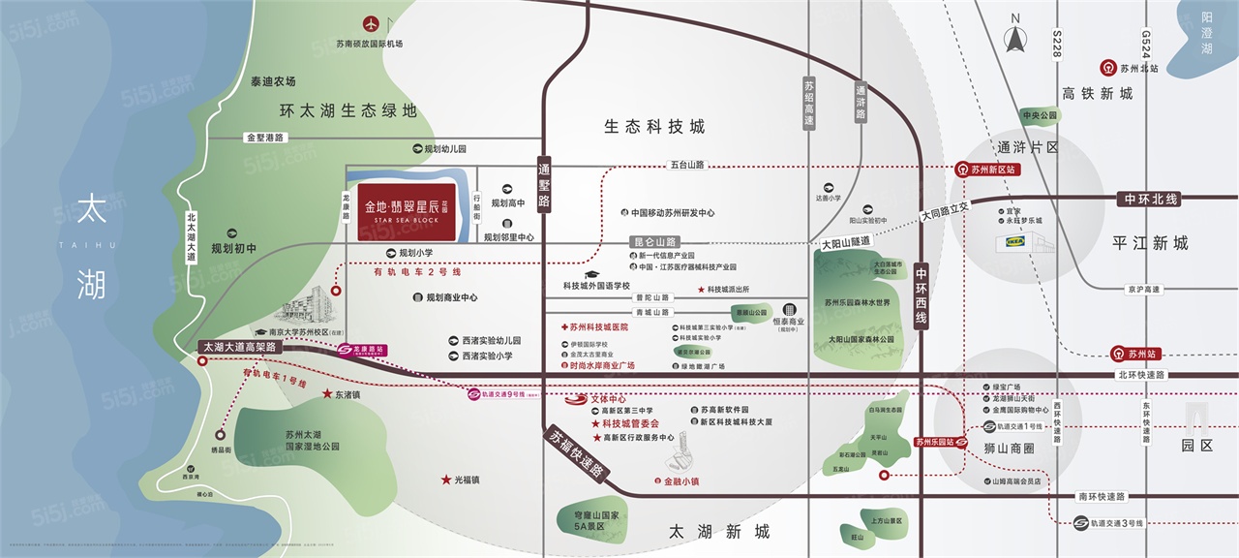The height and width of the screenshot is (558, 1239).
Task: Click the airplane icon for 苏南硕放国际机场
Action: [x=370, y=23]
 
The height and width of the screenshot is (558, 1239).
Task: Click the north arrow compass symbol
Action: [x=1015, y=37]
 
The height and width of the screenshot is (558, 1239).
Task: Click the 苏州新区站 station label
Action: [x=988, y=169]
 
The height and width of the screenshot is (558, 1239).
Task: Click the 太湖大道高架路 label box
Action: [x=239, y=346]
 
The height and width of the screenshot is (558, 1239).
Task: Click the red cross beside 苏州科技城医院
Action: [x=564, y=327]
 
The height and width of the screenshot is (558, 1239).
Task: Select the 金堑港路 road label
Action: [x=265, y=138]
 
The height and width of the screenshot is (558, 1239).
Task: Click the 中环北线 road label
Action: [x=1150, y=199]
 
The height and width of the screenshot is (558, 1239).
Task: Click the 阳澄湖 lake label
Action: [x=1206, y=39]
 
